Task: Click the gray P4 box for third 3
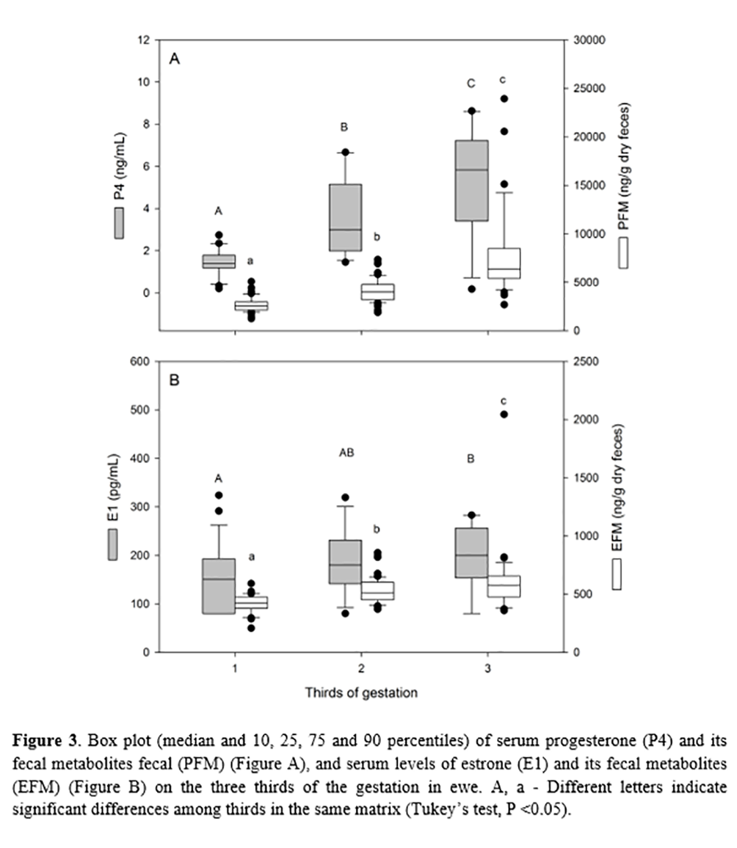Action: pos(472,180)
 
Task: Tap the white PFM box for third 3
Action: pos(504,263)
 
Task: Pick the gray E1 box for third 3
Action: pos(472,552)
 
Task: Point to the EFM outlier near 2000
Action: pos(504,414)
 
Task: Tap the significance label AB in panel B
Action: pos(346,453)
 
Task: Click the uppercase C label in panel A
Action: pos(471,84)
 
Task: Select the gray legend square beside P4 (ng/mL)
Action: pos(118,223)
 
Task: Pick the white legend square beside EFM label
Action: pos(617,569)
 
